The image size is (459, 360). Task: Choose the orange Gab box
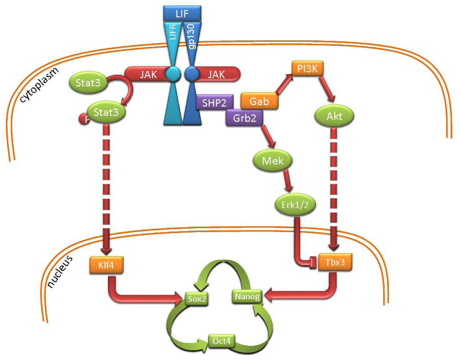point(260,102)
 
